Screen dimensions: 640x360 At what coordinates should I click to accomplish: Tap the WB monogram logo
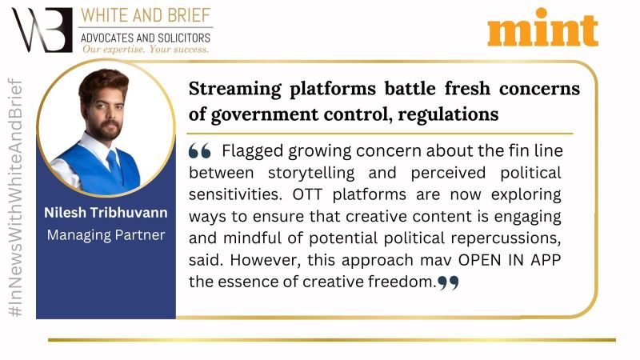point(42,30)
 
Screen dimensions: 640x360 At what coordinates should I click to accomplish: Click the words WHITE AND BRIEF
point(146,15)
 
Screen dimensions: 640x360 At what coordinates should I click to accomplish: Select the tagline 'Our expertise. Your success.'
point(146,50)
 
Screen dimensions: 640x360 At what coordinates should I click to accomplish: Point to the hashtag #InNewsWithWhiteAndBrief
point(15,198)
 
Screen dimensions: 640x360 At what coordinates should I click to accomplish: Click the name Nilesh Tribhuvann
point(106,213)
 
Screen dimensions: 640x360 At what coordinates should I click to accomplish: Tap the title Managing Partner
point(106,235)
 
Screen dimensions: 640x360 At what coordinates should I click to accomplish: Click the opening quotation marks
point(199,151)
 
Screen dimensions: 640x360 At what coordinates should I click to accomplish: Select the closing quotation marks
point(448,282)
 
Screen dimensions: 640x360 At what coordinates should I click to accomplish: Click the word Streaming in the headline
point(234,89)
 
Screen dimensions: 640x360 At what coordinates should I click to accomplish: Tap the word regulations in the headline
point(448,114)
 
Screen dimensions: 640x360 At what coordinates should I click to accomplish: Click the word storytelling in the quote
point(311,173)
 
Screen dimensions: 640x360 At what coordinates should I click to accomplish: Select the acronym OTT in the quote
point(307,194)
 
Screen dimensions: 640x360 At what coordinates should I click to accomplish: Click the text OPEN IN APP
point(510,260)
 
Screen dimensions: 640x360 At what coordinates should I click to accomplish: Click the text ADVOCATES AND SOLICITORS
point(146,38)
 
